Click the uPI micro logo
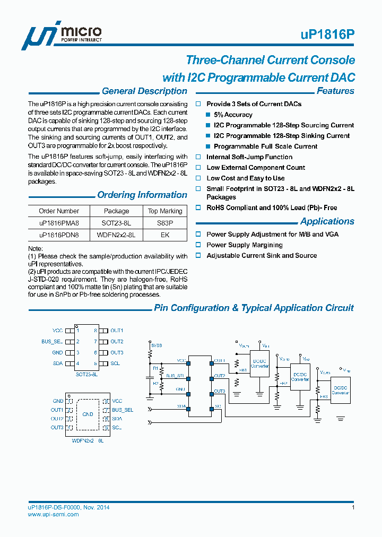[x=60, y=36]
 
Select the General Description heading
[x=144, y=91]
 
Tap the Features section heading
[x=335, y=91]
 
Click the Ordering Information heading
[x=142, y=195]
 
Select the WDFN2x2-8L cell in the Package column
[x=116, y=235]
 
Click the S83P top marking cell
[x=164, y=223]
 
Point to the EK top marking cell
[x=164, y=235]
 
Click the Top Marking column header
[x=164, y=211]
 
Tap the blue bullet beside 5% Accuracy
[x=208, y=115]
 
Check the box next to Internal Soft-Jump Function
[x=198, y=157]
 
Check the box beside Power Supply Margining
[x=198, y=245]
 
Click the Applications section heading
[x=327, y=222]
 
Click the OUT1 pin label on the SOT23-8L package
[x=117, y=331]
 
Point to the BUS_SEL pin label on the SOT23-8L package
[x=52, y=342]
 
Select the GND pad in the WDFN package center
[x=88, y=414]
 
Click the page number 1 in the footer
[x=353, y=508]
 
